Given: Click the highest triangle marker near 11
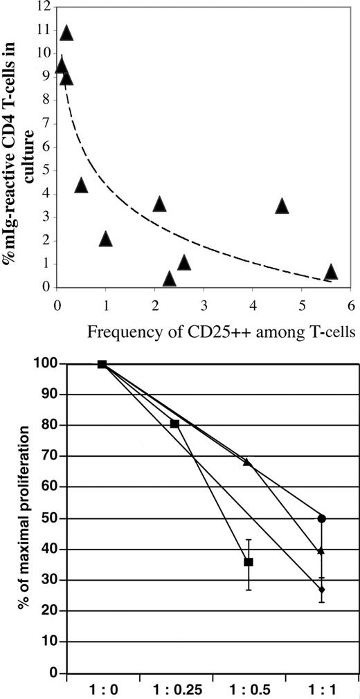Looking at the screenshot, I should (66, 33).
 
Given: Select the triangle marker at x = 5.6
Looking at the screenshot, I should (331, 271).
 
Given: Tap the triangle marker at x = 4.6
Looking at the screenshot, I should (282, 206).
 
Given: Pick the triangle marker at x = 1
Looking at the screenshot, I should (105, 239).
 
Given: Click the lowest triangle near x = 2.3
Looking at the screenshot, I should (169, 278).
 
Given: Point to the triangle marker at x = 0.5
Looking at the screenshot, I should (81, 185).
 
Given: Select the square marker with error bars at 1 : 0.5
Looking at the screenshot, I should (249, 562).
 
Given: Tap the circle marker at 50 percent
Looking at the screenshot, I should (321, 518).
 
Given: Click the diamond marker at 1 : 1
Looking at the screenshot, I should (321, 590).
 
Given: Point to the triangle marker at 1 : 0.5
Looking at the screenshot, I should (248, 462).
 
